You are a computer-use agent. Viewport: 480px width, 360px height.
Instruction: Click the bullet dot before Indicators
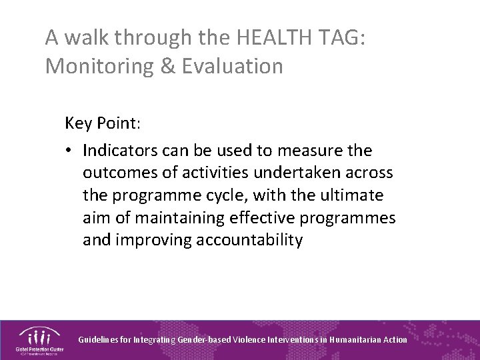pyautogui.click(x=70, y=151)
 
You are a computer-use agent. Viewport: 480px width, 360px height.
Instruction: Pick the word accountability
pyautogui.click(x=249, y=240)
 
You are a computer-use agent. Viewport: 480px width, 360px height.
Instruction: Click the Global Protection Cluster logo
pyautogui.click(x=38, y=339)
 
